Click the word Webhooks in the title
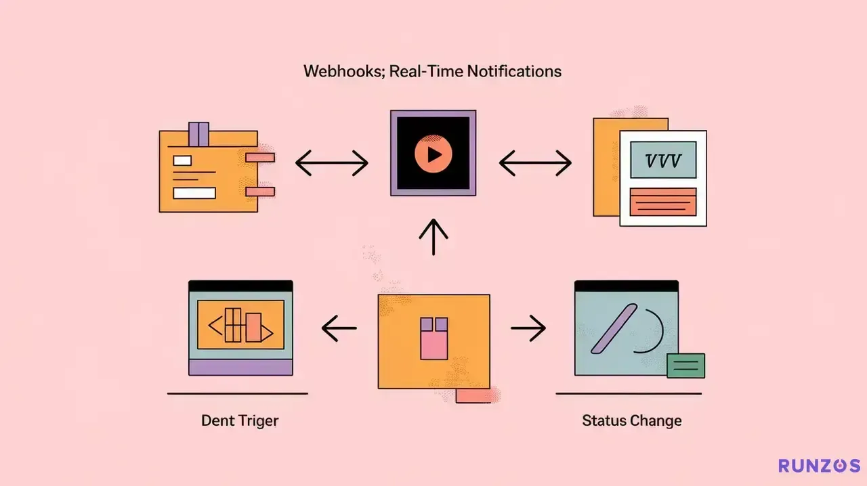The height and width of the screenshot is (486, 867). (343, 72)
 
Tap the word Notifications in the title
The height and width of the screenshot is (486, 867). (514, 71)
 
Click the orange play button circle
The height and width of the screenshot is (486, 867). (433, 154)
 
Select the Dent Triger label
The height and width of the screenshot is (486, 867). (240, 421)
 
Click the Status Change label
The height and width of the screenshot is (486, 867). (632, 420)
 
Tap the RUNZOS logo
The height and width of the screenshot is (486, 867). (820, 466)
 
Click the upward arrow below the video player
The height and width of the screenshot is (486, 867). (433, 237)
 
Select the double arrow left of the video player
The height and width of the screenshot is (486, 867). (332, 163)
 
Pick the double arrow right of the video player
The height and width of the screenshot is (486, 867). (535, 163)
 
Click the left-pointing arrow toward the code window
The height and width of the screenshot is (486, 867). (339, 328)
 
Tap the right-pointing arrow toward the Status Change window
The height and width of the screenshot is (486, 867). (528, 328)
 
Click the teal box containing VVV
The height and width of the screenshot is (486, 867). (663, 160)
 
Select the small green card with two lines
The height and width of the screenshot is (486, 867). (686, 366)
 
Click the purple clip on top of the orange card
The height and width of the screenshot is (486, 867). (198, 134)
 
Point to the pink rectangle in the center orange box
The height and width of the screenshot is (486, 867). (434, 344)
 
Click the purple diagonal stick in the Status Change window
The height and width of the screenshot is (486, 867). (614, 328)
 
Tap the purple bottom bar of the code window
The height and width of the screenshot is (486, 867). (240, 368)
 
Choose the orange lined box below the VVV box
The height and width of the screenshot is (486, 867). (663, 202)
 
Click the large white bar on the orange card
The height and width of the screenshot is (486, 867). (194, 193)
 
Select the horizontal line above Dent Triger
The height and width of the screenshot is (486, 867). (238, 394)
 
